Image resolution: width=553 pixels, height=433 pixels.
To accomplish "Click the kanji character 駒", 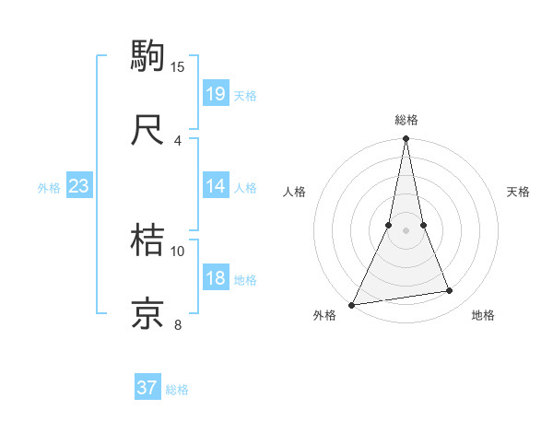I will (148, 55).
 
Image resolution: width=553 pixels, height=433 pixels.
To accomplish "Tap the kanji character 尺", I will (148, 129).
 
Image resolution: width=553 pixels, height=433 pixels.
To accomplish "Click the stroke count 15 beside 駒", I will (178, 66).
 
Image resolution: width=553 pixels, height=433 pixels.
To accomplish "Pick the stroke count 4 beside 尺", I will (178, 140).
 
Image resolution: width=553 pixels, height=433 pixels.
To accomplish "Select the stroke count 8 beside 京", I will (178, 324).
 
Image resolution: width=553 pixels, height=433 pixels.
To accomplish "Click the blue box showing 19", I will (216, 93).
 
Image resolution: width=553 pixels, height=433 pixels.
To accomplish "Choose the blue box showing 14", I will (216, 186).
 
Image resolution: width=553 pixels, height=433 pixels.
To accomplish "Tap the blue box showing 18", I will (216, 278).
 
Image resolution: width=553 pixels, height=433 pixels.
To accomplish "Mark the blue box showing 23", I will (79, 186).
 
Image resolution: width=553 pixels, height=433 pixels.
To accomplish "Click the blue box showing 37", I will (147, 388).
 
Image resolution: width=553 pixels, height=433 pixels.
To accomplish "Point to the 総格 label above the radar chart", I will (406, 120).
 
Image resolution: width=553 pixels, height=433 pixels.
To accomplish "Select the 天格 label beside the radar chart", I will (518, 192).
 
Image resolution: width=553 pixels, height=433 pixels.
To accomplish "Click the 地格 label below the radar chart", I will (483, 315).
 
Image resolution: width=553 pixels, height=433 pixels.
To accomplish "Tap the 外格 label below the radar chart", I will (325, 315).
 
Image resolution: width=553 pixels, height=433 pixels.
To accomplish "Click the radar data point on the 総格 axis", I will (406, 139).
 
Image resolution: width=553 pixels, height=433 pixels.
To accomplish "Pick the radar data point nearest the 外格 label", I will (352, 304).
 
